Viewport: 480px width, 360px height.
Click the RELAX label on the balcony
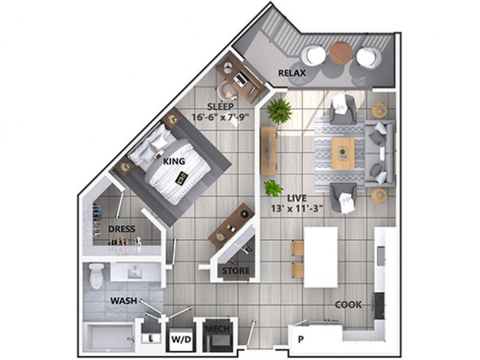(x=292, y=73)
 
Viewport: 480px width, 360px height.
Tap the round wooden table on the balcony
(x=341, y=53)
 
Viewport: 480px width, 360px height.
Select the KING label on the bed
(x=174, y=161)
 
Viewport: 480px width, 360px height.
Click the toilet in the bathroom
(x=96, y=275)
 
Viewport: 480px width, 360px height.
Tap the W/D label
(x=181, y=340)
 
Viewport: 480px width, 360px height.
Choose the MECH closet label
(x=217, y=329)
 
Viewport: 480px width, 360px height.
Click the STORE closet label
(x=235, y=271)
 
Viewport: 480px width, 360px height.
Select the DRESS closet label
(x=121, y=229)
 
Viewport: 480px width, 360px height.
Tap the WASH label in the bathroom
(x=124, y=301)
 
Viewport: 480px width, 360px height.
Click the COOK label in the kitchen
(x=348, y=304)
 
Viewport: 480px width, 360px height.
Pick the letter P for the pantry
(x=301, y=339)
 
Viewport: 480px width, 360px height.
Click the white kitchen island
(x=321, y=256)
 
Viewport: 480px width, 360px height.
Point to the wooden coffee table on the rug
(x=343, y=153)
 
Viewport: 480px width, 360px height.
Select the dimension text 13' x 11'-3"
(x=297, y=208)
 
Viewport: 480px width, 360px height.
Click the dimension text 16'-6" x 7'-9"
(x=220, y=117)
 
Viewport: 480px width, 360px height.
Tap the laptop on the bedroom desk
(x=240, y=79)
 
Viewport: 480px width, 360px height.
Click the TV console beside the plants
(x=268, y=151)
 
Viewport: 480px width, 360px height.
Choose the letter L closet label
(x=151, y=338)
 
